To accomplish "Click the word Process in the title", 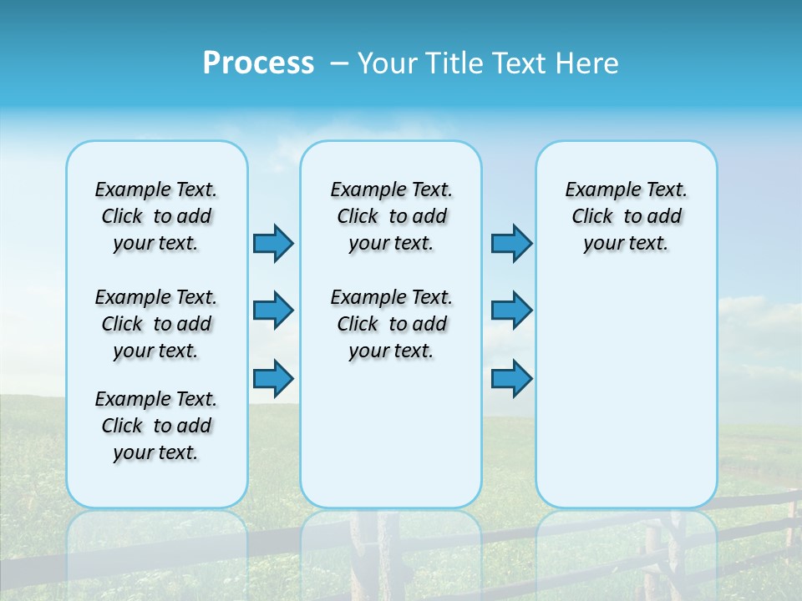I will click(258, 63).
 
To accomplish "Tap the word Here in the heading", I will click(588, 63).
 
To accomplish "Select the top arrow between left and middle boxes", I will click(273, 243).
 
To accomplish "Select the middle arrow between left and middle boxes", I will click(273, 311).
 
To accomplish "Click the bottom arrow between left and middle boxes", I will click(273, 379).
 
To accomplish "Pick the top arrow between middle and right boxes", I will click(511, 243).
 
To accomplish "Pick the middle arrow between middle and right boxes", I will click(511, 311).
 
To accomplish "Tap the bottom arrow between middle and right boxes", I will click(511, 379).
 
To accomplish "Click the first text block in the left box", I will click(156, 216).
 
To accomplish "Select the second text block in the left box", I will click(156, 324).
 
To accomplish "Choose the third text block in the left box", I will click(156, 426).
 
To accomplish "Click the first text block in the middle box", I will click(391, 216).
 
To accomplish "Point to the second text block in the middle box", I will click(391, 324).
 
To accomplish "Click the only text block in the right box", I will click(627, 216).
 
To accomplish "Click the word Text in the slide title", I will click(521, 63).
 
